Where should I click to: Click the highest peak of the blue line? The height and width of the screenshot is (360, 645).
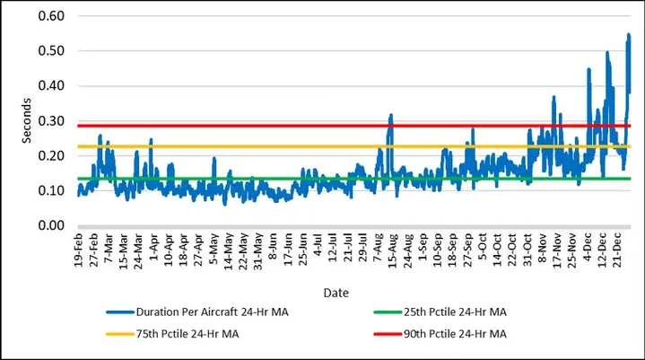pyautogui.click(x=629, y=35)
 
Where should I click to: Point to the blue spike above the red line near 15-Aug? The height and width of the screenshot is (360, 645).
pyautogui.click(x=391, y=116)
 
